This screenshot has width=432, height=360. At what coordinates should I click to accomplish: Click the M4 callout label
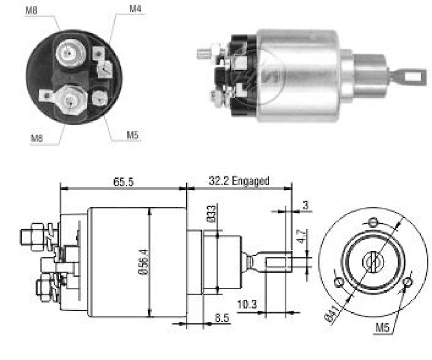[x=135, y=9]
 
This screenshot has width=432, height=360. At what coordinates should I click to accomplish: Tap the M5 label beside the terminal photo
[x=133, y=135]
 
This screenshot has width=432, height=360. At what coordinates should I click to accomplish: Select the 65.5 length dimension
[x=123, y=182]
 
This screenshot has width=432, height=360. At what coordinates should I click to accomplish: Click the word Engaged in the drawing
[x=250, y=181]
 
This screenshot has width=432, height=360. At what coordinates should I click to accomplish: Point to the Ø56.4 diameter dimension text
[x=145, y=262]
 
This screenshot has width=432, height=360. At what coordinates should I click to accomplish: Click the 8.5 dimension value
[x=222, y=318]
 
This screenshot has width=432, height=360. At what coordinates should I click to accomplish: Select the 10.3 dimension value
[x=247, y=304]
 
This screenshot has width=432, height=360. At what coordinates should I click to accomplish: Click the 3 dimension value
[x=306, y=205]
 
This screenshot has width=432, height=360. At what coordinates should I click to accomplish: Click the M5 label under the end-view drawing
[x=383, y=328]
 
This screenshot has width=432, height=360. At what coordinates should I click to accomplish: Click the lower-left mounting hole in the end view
[x=339, y=282]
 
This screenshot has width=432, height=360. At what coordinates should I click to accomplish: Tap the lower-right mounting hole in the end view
[x=407, y=282]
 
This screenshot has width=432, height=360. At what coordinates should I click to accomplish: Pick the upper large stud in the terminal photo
[x=70, y=52]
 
